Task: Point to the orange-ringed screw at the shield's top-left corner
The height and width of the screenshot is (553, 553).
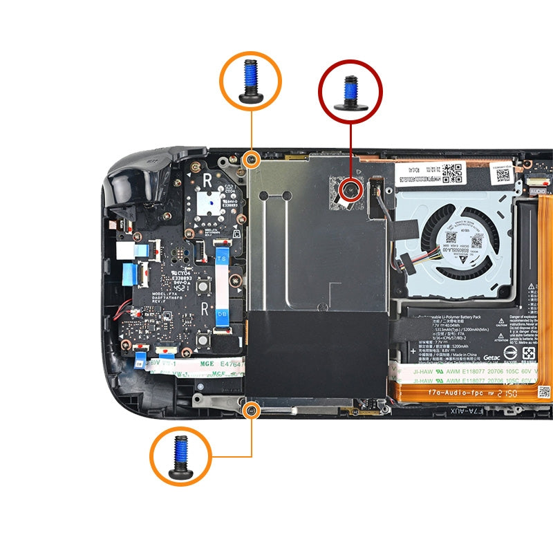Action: click(x=252, y=160)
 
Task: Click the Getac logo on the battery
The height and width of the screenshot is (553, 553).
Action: click(x=491, y=357)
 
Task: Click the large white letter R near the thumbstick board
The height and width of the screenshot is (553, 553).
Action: click(x=207, y=181)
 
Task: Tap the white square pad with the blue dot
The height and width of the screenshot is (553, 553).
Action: click(x=209, y=201)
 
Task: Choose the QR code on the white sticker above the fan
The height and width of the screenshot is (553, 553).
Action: click(x=451, y=171)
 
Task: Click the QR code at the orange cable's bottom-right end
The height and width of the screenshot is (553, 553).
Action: click(x=543, y=392)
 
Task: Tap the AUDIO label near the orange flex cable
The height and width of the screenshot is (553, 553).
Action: click(x=538, y=188)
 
